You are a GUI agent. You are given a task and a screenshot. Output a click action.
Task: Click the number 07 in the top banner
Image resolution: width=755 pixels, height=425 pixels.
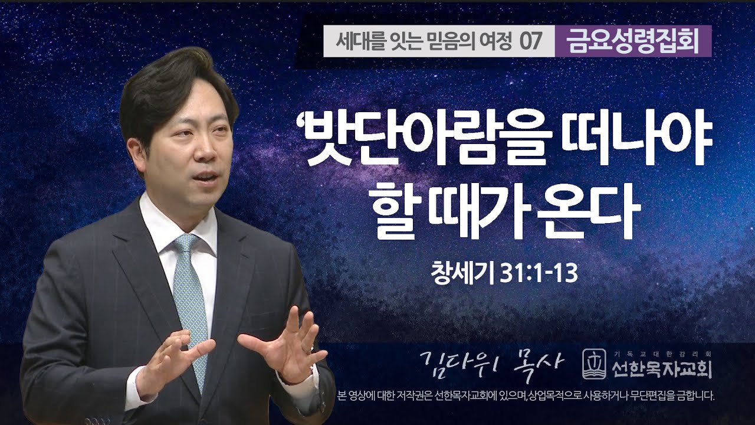click(x=530, y=42)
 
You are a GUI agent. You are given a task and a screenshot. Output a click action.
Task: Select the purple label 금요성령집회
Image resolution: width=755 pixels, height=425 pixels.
click(x=632, y=41)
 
